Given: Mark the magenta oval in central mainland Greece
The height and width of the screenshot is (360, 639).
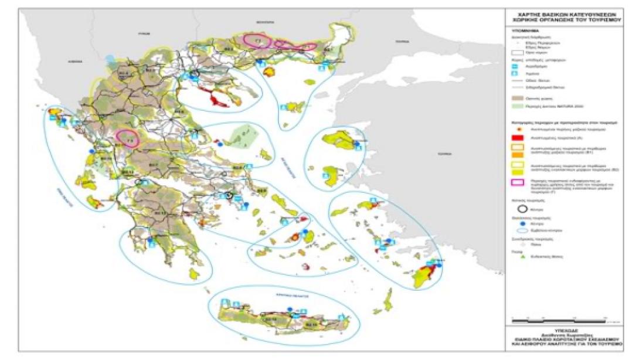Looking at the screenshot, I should click(x=128, y=138).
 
